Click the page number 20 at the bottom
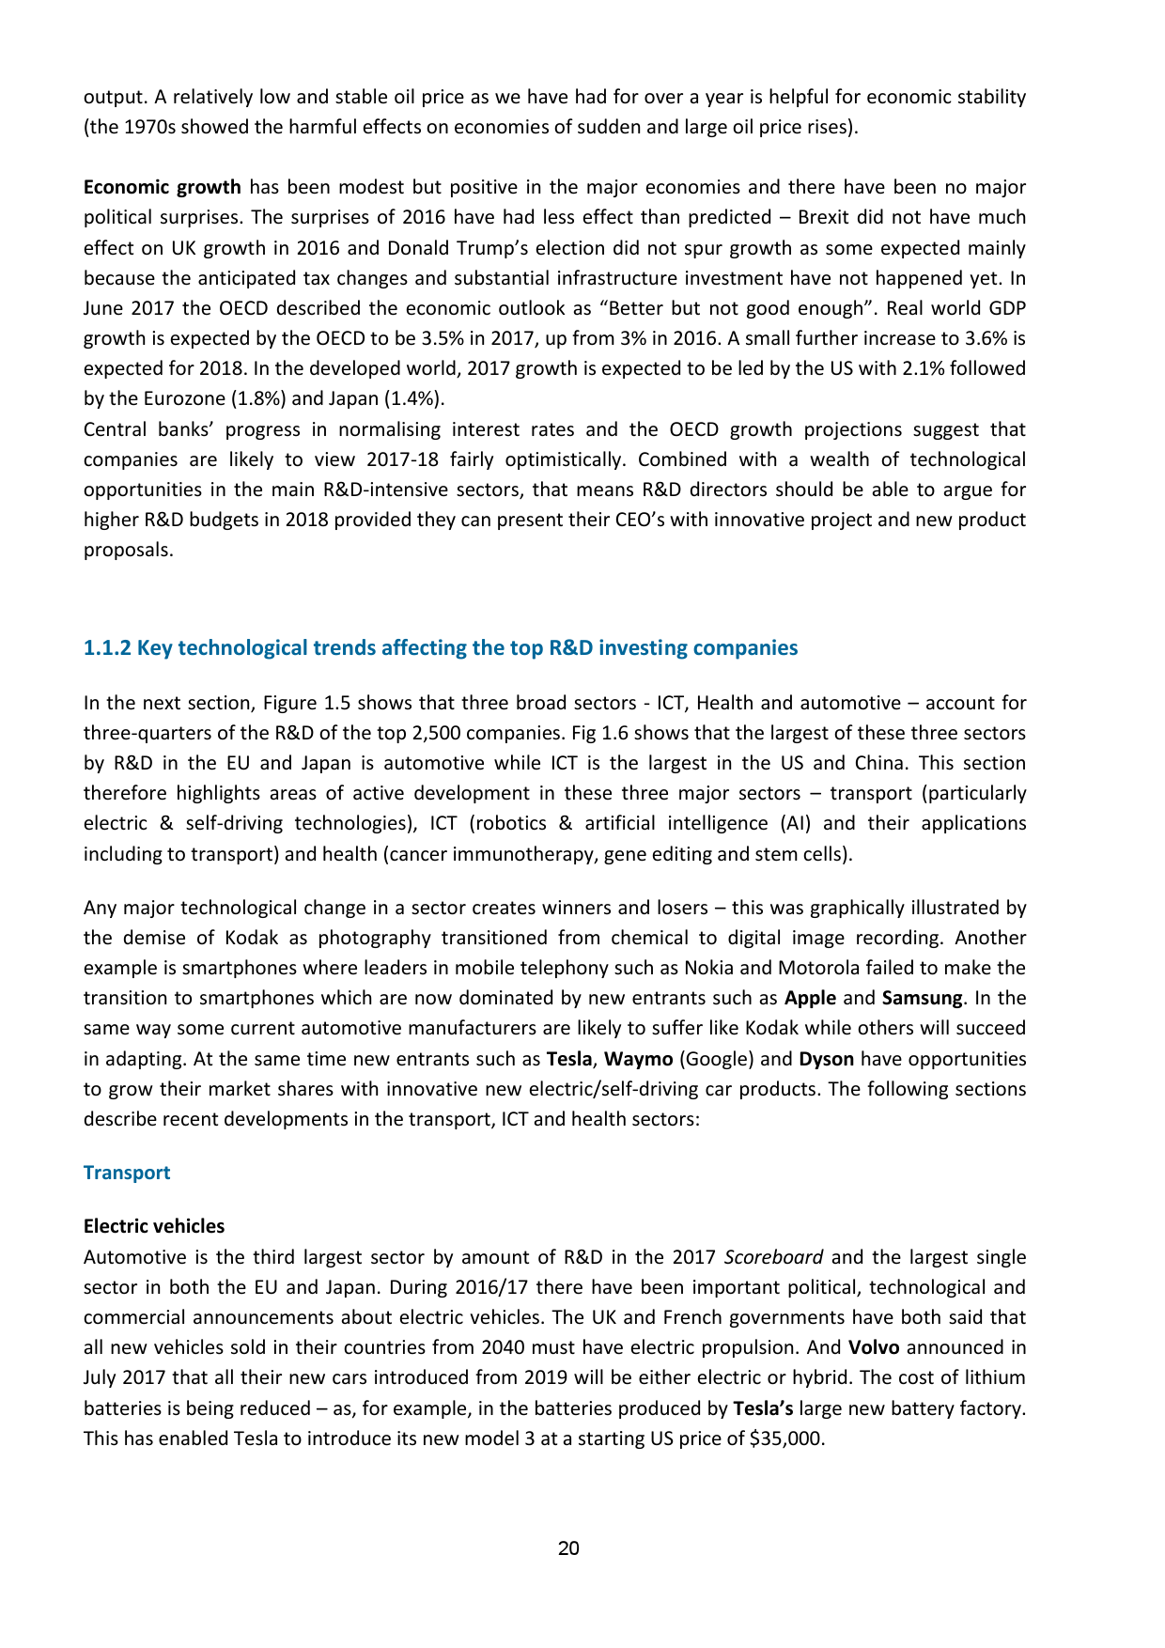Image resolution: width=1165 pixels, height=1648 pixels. point(568,1548)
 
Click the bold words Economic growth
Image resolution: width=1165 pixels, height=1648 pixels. point(162,187)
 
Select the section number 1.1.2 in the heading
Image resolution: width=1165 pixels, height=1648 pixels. point(107,647)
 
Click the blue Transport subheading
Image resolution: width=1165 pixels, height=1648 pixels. point(127,1173)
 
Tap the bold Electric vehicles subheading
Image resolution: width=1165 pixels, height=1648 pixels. point(154,1226)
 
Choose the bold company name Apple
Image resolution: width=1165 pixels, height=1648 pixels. point(810,998)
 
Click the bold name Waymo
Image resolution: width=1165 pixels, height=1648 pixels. point(638,1059)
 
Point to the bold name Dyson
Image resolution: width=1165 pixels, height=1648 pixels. point(826,1059)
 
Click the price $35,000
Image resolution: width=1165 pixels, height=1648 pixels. point(786,1438)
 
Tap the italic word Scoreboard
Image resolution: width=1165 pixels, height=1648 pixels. point(776,1257)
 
